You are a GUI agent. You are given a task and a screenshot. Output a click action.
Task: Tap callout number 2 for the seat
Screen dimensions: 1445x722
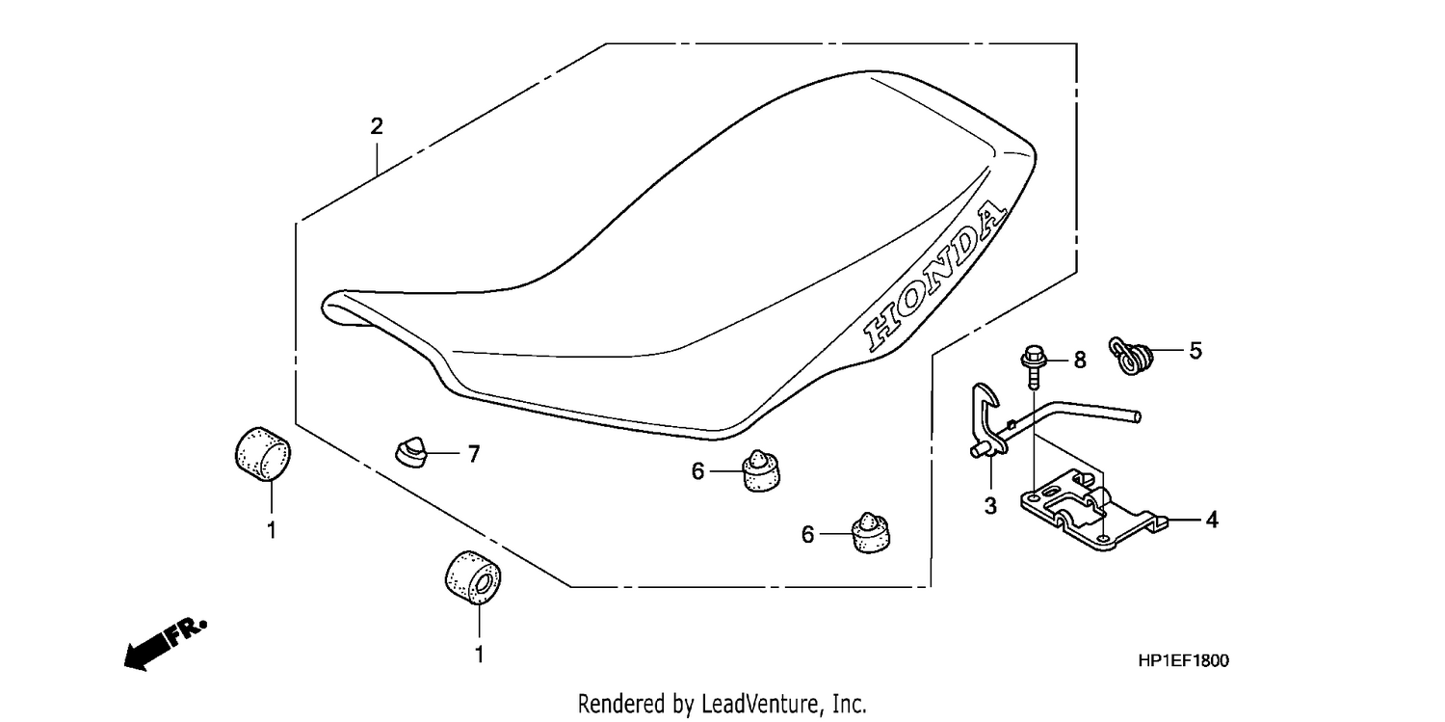click(377, 126)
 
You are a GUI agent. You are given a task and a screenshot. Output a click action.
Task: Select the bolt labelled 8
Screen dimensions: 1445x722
click(1032, 366)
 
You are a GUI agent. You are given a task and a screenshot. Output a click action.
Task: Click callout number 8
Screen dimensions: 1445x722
click(1080, 360)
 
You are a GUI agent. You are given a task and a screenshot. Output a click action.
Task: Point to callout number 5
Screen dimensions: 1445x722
click(1195, 351)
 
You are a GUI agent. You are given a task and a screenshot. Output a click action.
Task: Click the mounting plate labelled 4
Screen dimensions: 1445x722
click(1093, 511)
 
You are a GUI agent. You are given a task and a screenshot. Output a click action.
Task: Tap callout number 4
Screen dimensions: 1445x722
click(1212, 520)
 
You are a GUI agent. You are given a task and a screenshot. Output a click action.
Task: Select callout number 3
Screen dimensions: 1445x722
click(990, 506)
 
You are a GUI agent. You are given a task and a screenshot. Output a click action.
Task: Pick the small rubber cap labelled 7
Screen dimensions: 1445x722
click(411, 452)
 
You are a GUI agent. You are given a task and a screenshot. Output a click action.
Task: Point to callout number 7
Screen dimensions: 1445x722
click(474, 454)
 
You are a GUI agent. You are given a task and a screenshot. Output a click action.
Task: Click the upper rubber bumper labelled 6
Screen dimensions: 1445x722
click(761, 471)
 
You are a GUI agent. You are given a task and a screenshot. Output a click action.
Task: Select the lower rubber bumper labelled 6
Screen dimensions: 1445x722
click(871, 533)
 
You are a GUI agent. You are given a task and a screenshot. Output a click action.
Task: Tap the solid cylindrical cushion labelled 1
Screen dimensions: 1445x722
click(263, 454)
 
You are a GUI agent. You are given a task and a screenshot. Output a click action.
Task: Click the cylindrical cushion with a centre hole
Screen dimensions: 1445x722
click(473, 578)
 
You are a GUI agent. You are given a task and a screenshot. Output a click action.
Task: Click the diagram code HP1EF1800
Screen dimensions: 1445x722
click(1184, 660)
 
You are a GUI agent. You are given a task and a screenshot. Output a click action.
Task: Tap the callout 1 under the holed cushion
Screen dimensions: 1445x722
click(479, 655)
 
